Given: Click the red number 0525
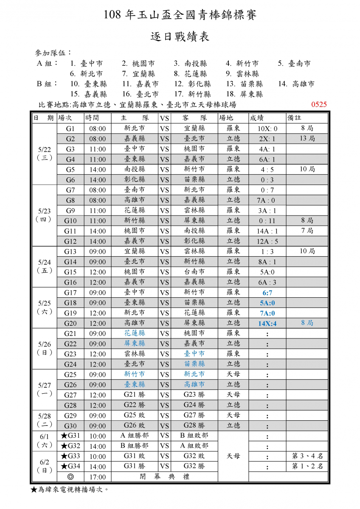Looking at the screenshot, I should click(319, 104).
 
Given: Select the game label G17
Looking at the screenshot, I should click(70, 292).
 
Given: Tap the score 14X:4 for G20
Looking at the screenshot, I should click(267, 323).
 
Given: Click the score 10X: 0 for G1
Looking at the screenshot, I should click(267, 129).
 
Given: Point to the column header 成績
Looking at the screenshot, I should click(258, 118).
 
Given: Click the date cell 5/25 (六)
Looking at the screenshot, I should click(44, 308).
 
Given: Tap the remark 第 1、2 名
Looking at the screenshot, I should click(307, 466).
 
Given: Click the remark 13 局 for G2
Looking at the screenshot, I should click(307, 139).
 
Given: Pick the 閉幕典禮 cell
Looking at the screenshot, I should click(164, 476).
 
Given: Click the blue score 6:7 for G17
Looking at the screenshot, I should click(267, 293).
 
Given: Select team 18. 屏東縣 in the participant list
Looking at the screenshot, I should click(247, 94).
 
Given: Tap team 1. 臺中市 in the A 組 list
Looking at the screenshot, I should click(87, 64).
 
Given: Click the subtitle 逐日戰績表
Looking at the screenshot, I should click(180, 36).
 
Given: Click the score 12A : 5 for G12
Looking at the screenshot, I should click(267, 241).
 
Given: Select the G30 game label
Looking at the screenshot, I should click(70, 425).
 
